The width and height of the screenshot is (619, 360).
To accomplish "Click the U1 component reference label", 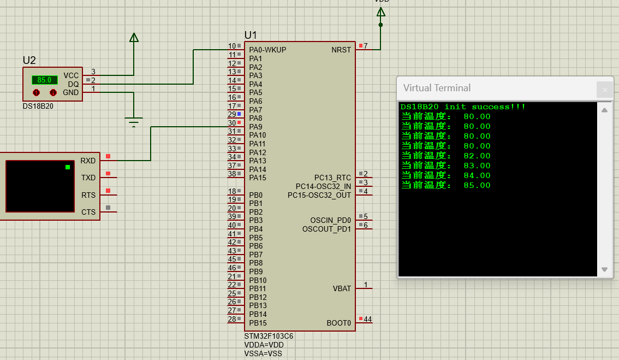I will click(251, 35).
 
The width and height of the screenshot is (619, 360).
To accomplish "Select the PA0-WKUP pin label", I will click(267, 50).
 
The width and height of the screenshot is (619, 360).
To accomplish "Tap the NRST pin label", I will click(341, 50).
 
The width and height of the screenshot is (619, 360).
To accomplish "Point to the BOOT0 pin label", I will click(339, 323).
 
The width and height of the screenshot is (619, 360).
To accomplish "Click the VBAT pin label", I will click(342, 288).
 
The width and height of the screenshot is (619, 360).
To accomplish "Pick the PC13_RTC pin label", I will click(332, 178).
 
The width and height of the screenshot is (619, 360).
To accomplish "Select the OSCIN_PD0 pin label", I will click(331, 220).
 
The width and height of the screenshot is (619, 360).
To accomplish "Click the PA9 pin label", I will click(255, 127).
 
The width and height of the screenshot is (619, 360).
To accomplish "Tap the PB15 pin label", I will click(258, 323).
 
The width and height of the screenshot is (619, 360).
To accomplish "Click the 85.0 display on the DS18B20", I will click(44, 80).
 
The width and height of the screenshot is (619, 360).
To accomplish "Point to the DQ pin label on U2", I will click(73, 84).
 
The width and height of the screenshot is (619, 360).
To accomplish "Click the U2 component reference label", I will click(29, 60).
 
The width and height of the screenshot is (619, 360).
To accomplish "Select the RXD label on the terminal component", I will click(88, 161).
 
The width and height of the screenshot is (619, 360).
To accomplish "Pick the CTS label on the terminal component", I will click(88, 212).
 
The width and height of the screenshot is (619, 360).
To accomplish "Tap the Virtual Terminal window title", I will click(437, 88).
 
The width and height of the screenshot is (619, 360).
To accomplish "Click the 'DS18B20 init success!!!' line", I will click(463, 107).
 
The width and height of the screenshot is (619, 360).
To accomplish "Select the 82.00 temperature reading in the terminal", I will click(477, 156).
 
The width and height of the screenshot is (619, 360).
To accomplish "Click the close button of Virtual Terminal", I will click(604, 90).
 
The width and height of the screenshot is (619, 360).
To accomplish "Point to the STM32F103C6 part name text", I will click(269, 337).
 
